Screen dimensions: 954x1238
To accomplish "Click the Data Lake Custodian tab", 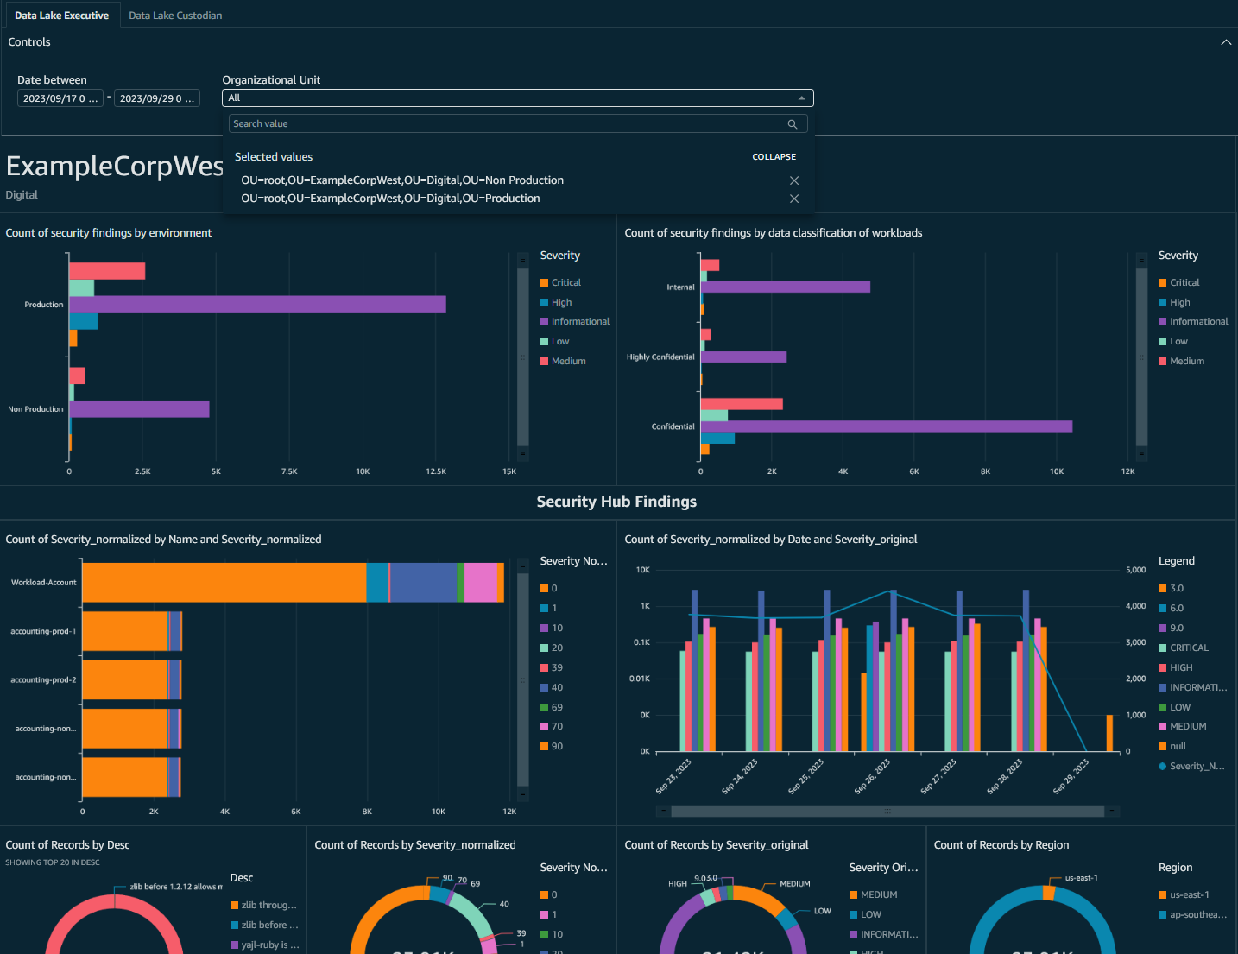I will click(x=175, y=16).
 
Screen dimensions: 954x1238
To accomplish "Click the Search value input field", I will click(x=509, y=124).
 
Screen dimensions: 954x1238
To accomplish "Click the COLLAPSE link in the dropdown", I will click(x=774, y=157).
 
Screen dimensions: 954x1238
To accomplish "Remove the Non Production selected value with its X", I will click(x=794, y=180).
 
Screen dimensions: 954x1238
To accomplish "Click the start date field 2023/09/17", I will click(x=60, y=98).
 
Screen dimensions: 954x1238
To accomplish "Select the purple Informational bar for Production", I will click(x=257, y=304).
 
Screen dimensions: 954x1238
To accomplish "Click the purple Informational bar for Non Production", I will click(x=139, y=409).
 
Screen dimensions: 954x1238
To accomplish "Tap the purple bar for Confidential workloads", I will click(x=886, y=426).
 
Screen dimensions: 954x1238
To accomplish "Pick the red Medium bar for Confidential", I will click(x=742, y=404).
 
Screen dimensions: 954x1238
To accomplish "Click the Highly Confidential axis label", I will click(x=660, y=357).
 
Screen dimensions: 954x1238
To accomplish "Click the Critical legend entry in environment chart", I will click(x=565, y=283).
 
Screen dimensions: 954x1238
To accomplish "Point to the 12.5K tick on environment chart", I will click(x=436, y=471).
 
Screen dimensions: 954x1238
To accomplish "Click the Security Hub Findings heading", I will click(x=616, y=502).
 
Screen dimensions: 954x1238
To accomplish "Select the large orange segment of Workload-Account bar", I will click(x=224, y=583).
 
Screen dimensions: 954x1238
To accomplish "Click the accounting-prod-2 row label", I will click(x=43, y=680).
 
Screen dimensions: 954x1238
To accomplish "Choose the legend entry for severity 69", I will click(x=557, y=707).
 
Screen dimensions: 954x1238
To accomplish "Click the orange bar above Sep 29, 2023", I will click(x=1109, y=733).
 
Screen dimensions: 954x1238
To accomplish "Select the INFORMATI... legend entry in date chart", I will click(x=1197, y=687).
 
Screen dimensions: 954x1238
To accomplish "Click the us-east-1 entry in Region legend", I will click(x=1189, y=895).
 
